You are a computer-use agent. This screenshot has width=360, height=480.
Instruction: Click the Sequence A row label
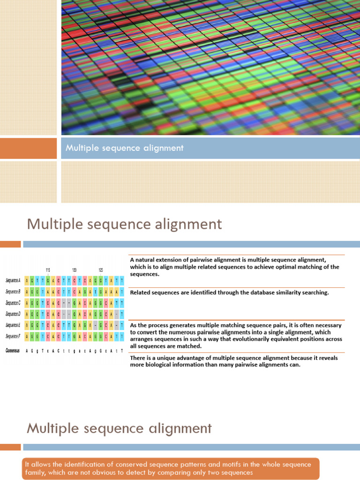tap(13, 280)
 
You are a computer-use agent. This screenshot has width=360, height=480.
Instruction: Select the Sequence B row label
tap(13, 292)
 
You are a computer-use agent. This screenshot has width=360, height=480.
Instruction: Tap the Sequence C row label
tap(13, 303)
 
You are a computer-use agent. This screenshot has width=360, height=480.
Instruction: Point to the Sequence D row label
tap(13, 314)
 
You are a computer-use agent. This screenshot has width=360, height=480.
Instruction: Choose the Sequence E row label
tap(13, 325)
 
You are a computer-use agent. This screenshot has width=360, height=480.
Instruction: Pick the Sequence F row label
tap(13, 336)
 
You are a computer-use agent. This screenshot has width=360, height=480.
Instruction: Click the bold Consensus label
tap(13, 351)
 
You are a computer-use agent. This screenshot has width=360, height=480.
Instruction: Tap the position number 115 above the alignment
tap(48, 270)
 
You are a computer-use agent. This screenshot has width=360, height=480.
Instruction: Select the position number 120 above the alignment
tap(74, 270)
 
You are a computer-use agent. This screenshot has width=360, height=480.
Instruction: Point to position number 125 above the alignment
tap(101, 270)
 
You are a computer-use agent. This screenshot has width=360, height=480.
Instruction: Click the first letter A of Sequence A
tap(27, 280)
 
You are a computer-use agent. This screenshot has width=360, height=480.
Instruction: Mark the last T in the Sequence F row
tap(122, 336)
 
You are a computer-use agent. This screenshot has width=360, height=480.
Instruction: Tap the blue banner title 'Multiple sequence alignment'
tap(124, 148)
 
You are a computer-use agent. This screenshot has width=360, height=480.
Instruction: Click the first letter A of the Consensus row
tap(27, 351)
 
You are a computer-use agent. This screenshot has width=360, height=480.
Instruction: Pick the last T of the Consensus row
tap(122, 351)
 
